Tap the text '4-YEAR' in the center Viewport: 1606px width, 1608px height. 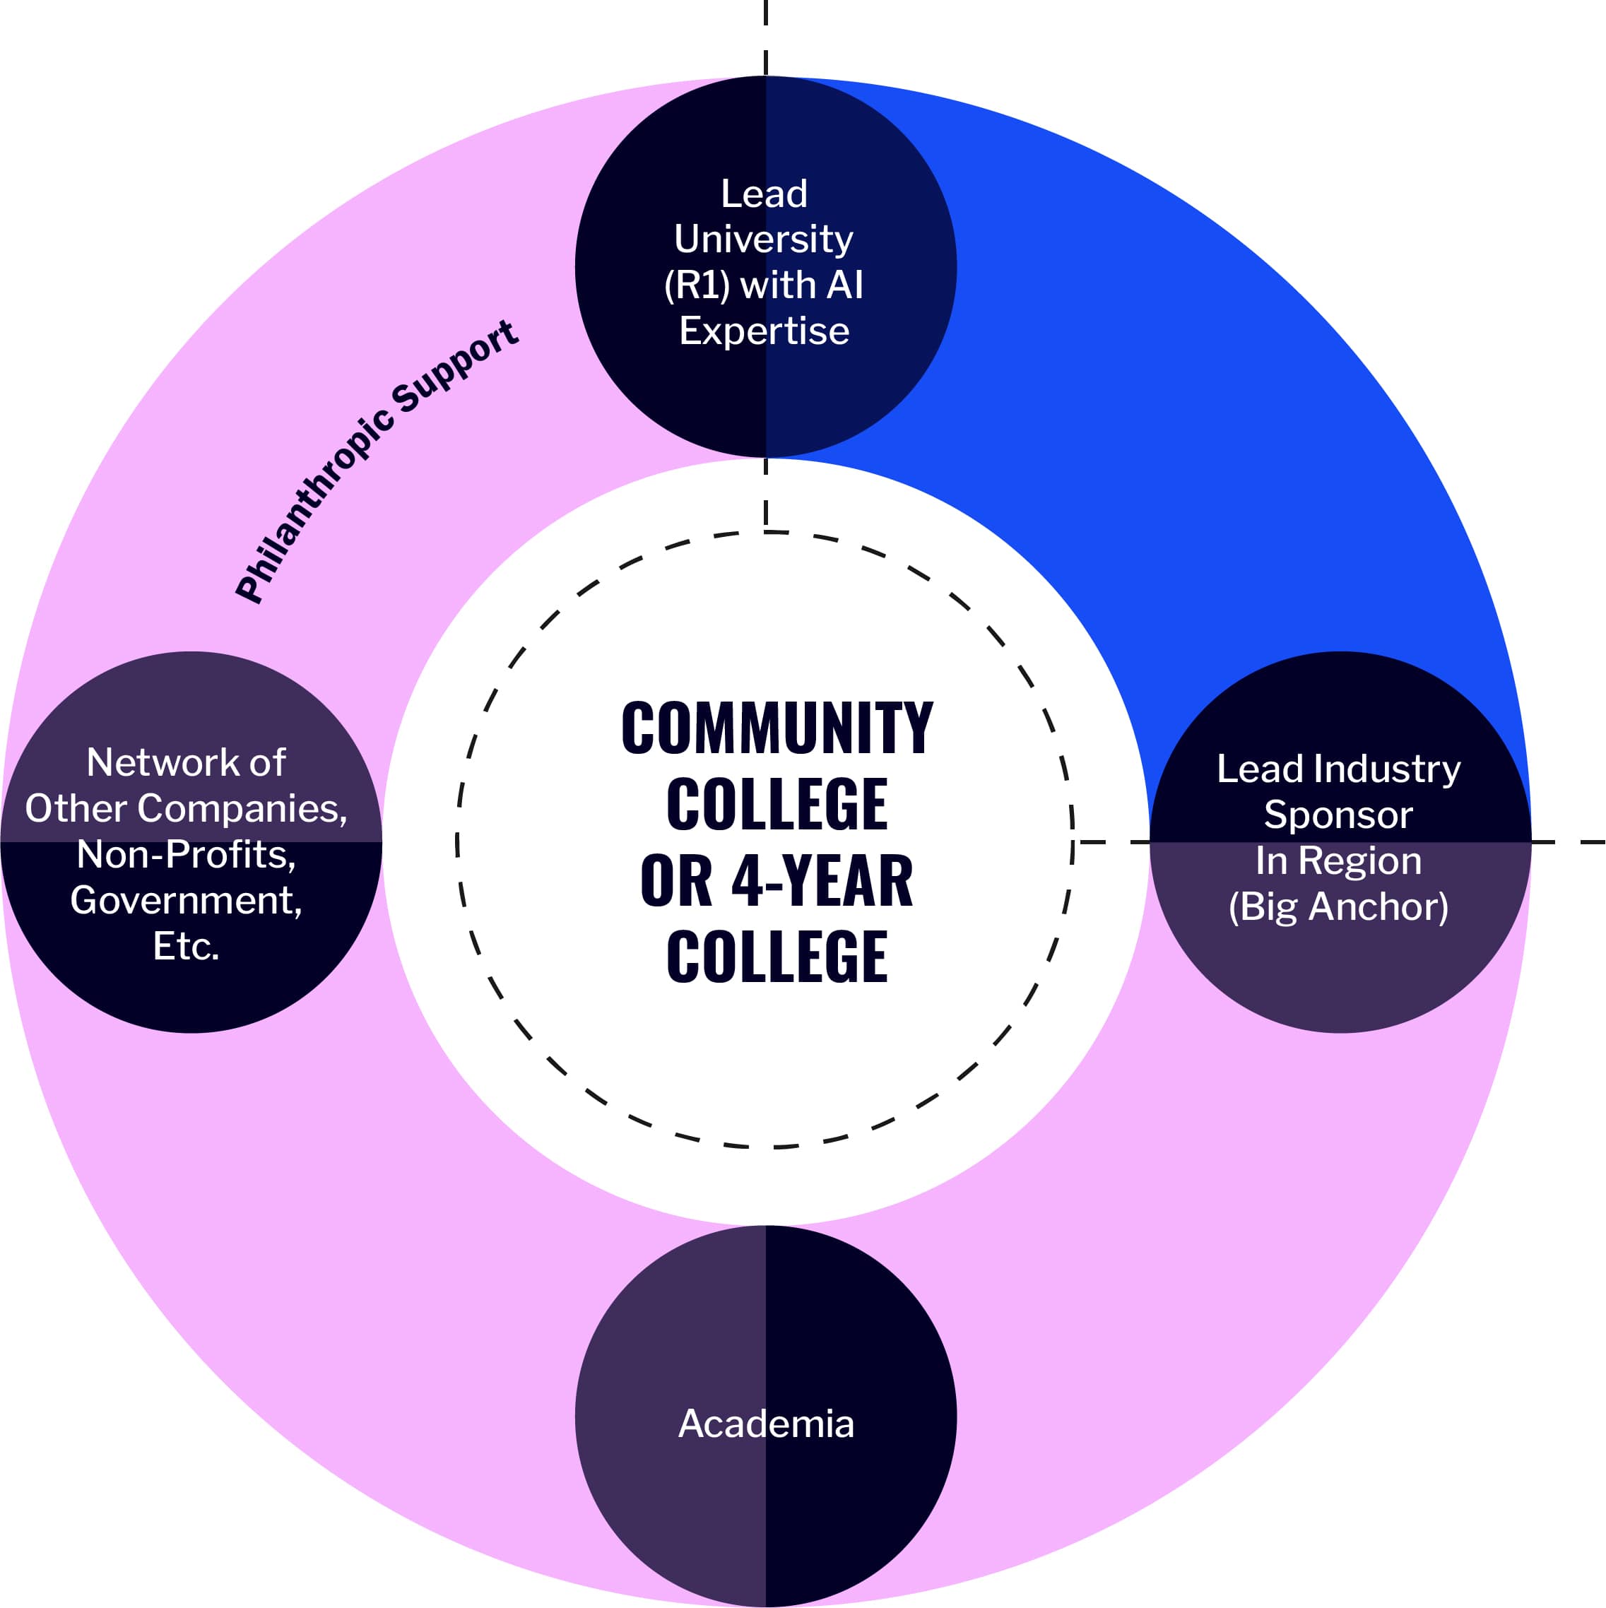click(821, 882)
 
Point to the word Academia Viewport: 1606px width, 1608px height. click(766, 1423)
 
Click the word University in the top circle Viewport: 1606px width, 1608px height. click(764, 240)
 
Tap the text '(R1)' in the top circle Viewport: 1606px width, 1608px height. click(696, 285)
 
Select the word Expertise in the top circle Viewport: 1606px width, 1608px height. click(764, 331)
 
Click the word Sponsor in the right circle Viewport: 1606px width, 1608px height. click(1338, 815)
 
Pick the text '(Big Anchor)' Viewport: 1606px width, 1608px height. click(1338, 906)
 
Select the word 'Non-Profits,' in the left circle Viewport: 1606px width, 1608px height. click(187, 855)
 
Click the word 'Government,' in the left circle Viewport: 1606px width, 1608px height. click(187, 901)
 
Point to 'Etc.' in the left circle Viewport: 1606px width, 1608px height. click(187, 946)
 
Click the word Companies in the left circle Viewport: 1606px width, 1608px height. click(242, 808)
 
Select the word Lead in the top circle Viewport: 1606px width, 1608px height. click(764, 194)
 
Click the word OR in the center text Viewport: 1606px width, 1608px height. click(676, 882)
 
